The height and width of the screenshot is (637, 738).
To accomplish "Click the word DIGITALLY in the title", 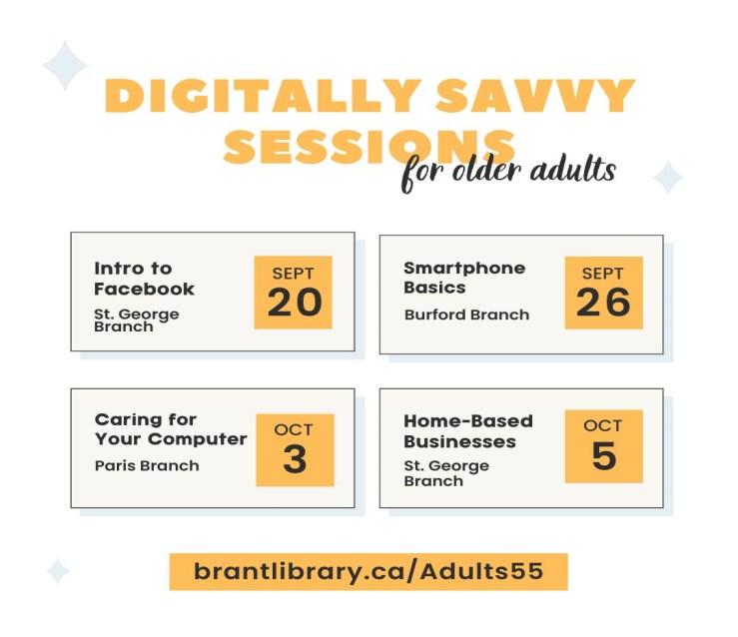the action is point(263,96).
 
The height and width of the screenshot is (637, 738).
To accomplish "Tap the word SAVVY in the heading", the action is point(535,96).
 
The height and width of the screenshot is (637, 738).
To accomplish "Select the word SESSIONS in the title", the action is point(369,146).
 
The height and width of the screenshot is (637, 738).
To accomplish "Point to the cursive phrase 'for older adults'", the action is point(508,172).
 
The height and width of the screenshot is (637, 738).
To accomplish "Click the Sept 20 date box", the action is point(294,293).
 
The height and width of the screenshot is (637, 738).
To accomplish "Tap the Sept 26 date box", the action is point(604,293).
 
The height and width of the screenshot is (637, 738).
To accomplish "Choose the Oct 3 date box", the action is point(296,450).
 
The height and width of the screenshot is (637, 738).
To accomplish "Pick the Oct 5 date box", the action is point(604,446).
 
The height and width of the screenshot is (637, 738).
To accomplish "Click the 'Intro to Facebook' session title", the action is point(144,279).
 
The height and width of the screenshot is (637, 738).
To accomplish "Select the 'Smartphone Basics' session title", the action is point(464,278).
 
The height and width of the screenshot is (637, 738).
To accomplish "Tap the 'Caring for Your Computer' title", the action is point(171,429).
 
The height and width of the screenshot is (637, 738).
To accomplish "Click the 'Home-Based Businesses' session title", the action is point(468,431).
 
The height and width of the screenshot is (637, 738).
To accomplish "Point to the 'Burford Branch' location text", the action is point(467,315).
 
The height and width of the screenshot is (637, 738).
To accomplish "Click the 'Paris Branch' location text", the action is point(147,465).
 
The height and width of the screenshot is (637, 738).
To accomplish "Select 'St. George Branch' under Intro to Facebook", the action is point(137,319).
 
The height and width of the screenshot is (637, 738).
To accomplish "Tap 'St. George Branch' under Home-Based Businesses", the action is point(446,473).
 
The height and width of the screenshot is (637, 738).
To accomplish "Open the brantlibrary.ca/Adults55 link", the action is point(369,572).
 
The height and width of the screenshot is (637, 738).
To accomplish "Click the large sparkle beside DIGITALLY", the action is point(65,65).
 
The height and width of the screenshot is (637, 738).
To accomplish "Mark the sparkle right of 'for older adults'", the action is point(668,178).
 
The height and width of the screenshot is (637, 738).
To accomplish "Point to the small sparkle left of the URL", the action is point(58,571).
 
